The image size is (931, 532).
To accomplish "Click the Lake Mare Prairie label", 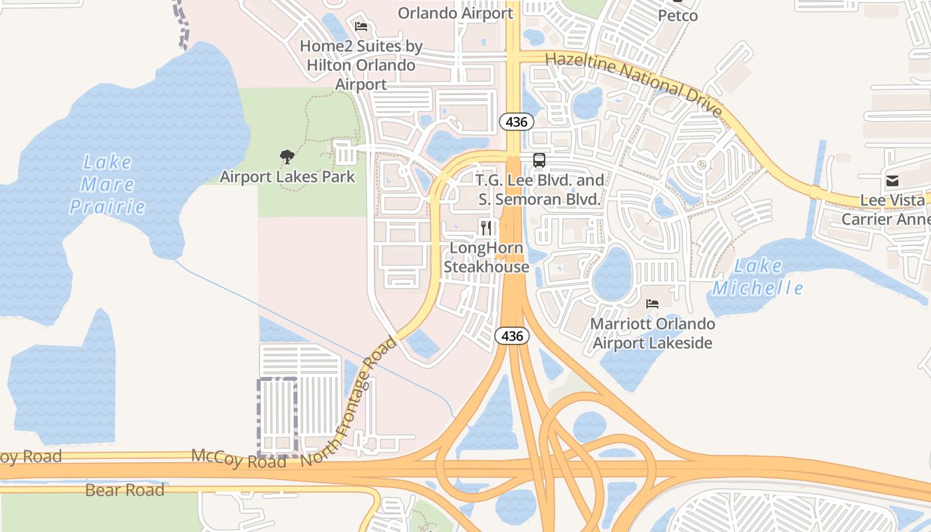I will tap(107, 184).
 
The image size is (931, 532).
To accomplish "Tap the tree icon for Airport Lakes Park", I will tap(287, 157).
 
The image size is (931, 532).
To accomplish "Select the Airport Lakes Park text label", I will tap(287, 177).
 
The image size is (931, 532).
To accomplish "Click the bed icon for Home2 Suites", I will tap(361, 27).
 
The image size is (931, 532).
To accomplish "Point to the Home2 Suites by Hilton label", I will tap(361, 65).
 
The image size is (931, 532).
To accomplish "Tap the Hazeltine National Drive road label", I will tap(633, 84).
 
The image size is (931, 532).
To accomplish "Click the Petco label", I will tap(678, 15).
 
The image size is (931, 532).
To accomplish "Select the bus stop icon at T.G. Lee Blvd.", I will tap(539, 160).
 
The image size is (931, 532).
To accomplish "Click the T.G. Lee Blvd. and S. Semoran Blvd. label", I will tap(540, 190).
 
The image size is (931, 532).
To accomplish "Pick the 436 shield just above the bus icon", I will tap(516, 122).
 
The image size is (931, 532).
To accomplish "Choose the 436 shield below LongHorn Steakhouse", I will tap(512, 336).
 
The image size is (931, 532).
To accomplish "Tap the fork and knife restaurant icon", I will tap(486, 229).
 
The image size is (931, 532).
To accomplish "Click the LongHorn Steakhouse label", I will tap(486, 257).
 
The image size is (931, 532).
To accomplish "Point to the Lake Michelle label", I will tap(757, 277).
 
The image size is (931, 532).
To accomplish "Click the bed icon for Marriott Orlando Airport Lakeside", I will tap(652, 304).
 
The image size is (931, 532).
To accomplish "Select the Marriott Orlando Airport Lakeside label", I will tap(653, 334).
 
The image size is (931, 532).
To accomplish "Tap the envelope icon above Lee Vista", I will tap(892, 181).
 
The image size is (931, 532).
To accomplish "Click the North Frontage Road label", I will tap(348, 403).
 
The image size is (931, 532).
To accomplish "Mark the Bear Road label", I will tap(125, 491).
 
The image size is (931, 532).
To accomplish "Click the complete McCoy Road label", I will tap(239, 458).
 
